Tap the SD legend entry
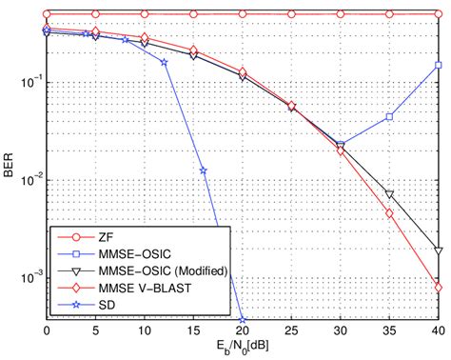click(112, 306)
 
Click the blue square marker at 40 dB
click(438, 65)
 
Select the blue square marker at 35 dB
click(389, 117)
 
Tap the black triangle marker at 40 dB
click(438, 250)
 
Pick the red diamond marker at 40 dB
click(438, 287)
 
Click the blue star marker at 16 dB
click(203, 170)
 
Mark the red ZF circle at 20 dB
click(242, 14)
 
